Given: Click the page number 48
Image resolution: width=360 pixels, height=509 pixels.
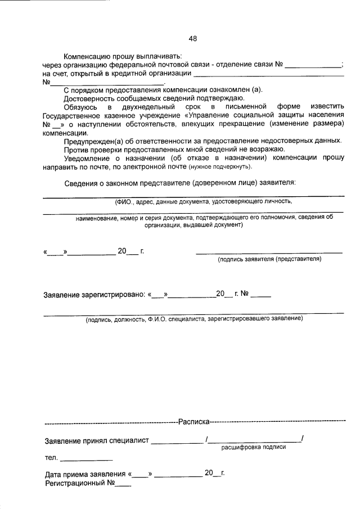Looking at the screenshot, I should [x=193, y=39].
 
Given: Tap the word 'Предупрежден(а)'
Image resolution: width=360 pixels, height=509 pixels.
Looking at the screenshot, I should [x=93, y=141].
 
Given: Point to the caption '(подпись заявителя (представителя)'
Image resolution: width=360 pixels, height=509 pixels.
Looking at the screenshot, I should [x=269, y=259].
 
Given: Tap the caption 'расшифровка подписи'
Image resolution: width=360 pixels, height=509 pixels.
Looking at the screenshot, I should [x=253, y=447].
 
